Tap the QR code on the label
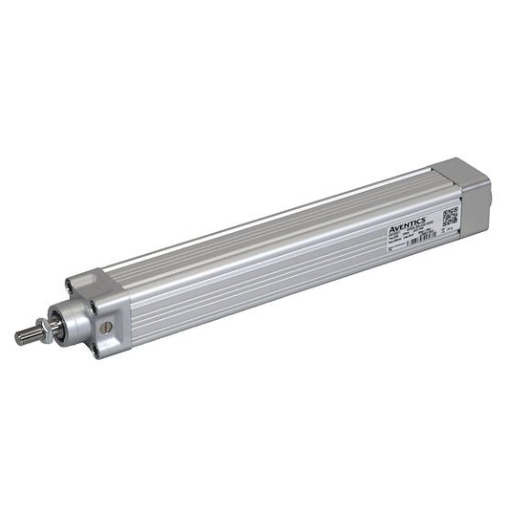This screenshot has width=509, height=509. pyautogui.click(x=450, y=213)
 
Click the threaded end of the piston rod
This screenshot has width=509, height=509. pyautogui.click(x=26, y=335)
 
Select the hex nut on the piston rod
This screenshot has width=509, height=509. pyautogui.click(x=45, y=330)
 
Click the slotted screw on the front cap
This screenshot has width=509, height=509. pyautogui.click(x=106, y=328)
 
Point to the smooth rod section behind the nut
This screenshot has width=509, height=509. pyautogui.click(x=54, y=328)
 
